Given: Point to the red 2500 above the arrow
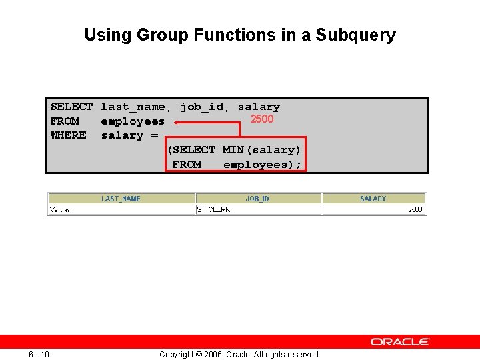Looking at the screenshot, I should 261,119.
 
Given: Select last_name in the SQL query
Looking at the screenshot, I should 136,107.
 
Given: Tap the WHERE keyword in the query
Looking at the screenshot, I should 68,135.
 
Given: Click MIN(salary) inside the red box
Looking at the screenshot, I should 261,150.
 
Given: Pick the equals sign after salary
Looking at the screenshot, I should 155,135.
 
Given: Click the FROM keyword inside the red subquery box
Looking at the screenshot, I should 187,165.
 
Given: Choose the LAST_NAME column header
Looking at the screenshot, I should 121,199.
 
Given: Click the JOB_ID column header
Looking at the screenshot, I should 257,199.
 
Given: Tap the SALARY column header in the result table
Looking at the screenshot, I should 373,199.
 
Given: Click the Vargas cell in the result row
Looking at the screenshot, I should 60,210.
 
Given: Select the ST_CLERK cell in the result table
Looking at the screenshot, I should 213,210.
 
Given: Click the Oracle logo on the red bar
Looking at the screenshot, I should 400,341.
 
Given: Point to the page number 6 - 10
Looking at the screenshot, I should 39,354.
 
